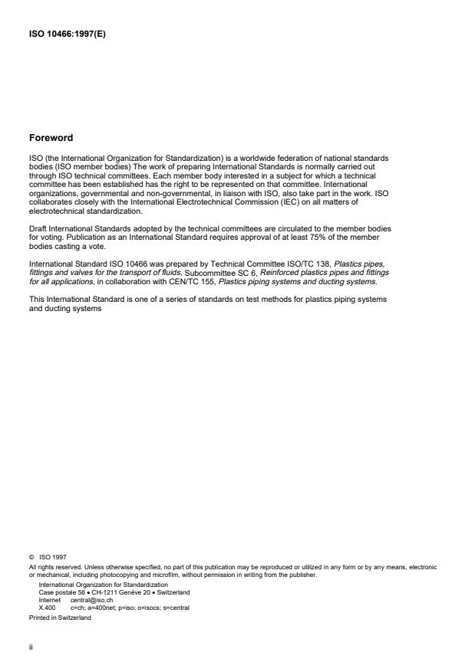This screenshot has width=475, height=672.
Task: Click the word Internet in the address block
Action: [49, 600]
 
